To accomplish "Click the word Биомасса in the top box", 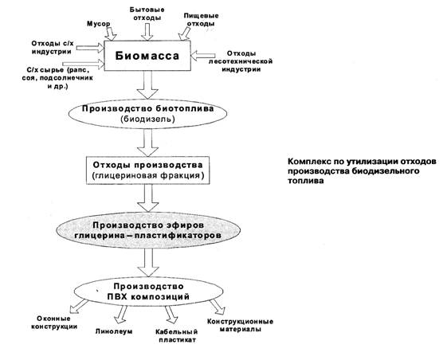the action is [147, 56].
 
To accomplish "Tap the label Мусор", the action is [98, 24].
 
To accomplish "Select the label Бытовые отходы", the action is [147, 14].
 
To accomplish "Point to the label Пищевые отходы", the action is [201, 20].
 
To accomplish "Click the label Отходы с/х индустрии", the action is [52, 48].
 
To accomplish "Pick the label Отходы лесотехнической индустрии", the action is [241, 61].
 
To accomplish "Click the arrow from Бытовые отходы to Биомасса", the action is [147, 32].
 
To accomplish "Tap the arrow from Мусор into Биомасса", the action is [110, 34].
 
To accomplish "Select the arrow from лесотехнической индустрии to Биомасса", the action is [203, 56].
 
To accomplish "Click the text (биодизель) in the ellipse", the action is [147, 119].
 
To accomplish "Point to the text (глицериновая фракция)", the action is [148, 175].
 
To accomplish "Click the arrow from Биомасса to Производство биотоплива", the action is [147, 84].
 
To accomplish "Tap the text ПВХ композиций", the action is [148, 296].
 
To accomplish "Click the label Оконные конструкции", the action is [54, 323].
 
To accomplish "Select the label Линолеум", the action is [114, 331].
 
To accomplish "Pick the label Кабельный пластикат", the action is [177, 336].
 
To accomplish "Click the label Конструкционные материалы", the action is [240, 325].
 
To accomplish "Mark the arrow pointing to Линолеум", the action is [121, 315].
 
